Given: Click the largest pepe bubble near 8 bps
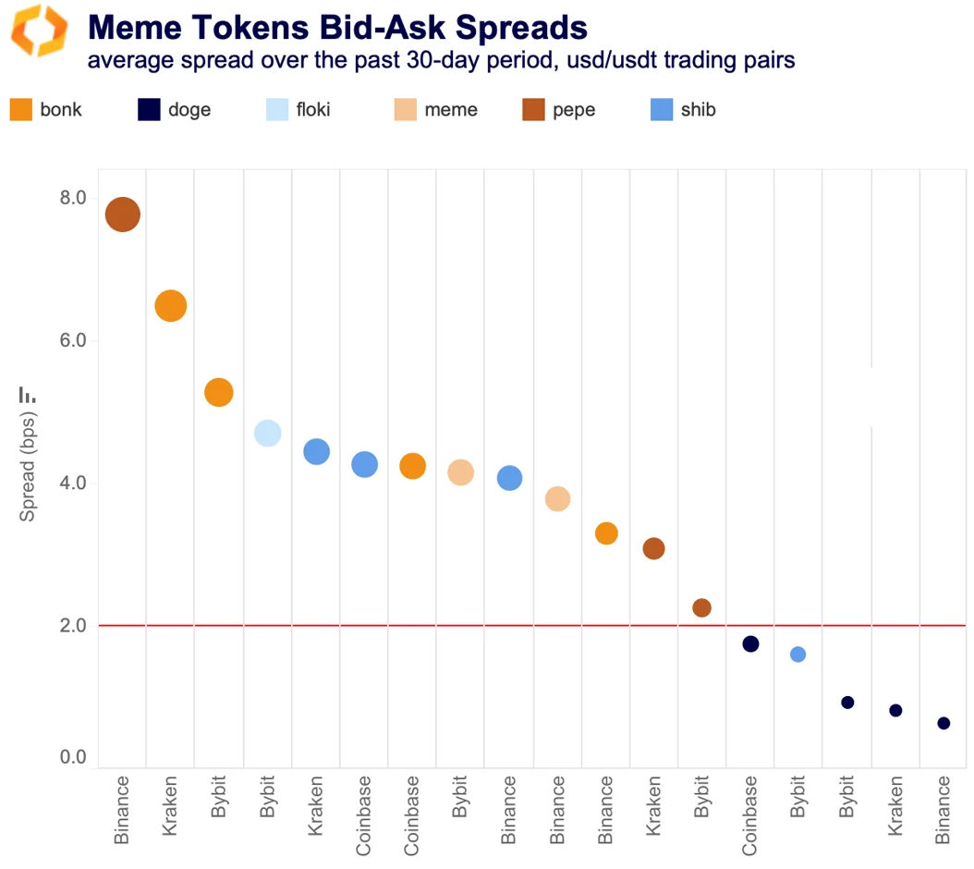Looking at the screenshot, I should (x=122, y=215).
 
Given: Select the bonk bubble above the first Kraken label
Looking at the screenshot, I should (x=170, y=306).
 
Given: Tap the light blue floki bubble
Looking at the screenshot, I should (x=267, y=433).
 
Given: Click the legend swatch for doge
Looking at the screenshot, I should (x=149, y=110).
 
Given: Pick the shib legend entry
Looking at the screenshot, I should (x=684, y=110).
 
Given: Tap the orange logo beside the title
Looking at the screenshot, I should (x=39, y=31).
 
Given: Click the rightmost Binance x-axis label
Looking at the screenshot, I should (x=944, y=811).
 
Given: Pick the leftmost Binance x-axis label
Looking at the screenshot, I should (x=122, y=811).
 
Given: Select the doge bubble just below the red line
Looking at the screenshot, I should (x=750, y=643).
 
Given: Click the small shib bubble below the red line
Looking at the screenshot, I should (x=798, y=655).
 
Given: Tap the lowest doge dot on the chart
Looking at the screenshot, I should (x=944, y=723).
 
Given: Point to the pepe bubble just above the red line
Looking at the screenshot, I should (x=701, y=607).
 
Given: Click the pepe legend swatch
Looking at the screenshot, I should (x=533, y=110).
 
